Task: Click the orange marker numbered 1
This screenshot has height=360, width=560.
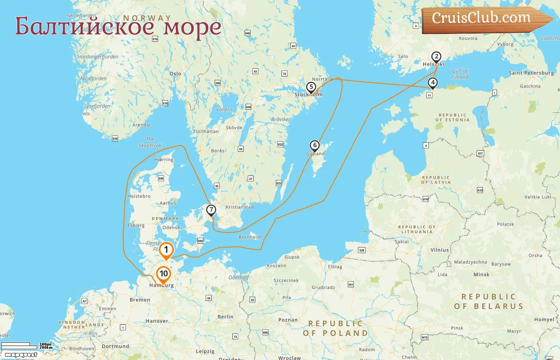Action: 166,250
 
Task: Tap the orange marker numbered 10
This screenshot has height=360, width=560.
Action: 164,274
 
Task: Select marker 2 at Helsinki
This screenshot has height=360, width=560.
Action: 436,57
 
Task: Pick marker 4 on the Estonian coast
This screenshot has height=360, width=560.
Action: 432,83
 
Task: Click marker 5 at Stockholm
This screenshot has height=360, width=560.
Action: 311,87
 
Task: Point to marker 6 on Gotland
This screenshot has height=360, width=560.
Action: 315,146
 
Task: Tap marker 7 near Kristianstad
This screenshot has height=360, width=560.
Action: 211,210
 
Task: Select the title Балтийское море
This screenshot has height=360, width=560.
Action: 118,26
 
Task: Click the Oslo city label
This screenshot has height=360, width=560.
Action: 175,74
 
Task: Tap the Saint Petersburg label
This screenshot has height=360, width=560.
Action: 531,73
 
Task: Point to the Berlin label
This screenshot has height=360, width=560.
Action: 226,316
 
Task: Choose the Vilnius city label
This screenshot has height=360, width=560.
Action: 440,250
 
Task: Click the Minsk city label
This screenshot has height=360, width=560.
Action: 481,274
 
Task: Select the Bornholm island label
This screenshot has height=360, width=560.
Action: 250,237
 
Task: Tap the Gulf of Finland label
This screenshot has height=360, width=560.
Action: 460,74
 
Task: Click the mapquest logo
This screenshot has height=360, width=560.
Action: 21,355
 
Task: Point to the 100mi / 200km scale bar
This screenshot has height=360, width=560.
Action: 26,346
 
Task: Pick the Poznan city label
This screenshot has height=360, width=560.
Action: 288,320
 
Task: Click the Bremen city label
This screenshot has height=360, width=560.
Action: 140,300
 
